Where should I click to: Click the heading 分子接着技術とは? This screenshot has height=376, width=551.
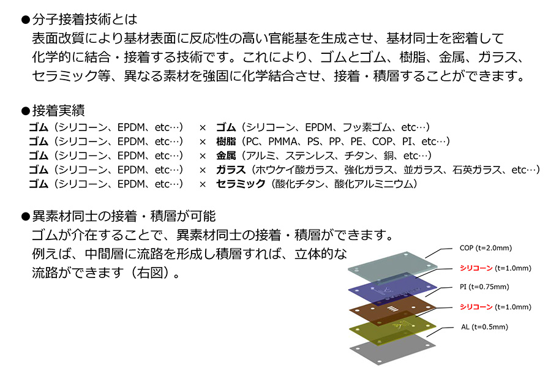pyautogui.click(x=84, y=20)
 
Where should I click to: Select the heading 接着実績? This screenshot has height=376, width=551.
pyautogui.click(x=58, y=111)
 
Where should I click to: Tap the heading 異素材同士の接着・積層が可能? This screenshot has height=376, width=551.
pyautogui.click(x=124, y=216)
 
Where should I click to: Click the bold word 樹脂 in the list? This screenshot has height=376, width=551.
pyautogui.click(x=226, y=141)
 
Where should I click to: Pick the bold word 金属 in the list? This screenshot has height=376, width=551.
pyautogui.click(x=226, y=156)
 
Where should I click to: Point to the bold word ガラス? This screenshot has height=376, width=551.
pyautogui.click(x=231, y=170)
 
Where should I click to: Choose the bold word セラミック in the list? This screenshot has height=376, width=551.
pyautogui.click(x=241, y=184)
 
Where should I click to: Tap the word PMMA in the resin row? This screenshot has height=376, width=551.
pyautogui.click(x=282, y=141)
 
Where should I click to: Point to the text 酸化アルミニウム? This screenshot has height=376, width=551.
pyautogui.click(x=374, y=184)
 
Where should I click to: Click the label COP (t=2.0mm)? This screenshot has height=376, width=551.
pyautogui.click(x=485, y=248)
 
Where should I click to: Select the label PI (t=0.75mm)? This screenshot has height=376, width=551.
pyautogui.click(x=484, y=287)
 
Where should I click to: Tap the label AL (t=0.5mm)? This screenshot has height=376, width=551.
pyautogui.click(x=485, y=327)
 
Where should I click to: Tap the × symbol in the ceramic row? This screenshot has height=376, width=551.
pyautogui.click(x=203, y=184)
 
